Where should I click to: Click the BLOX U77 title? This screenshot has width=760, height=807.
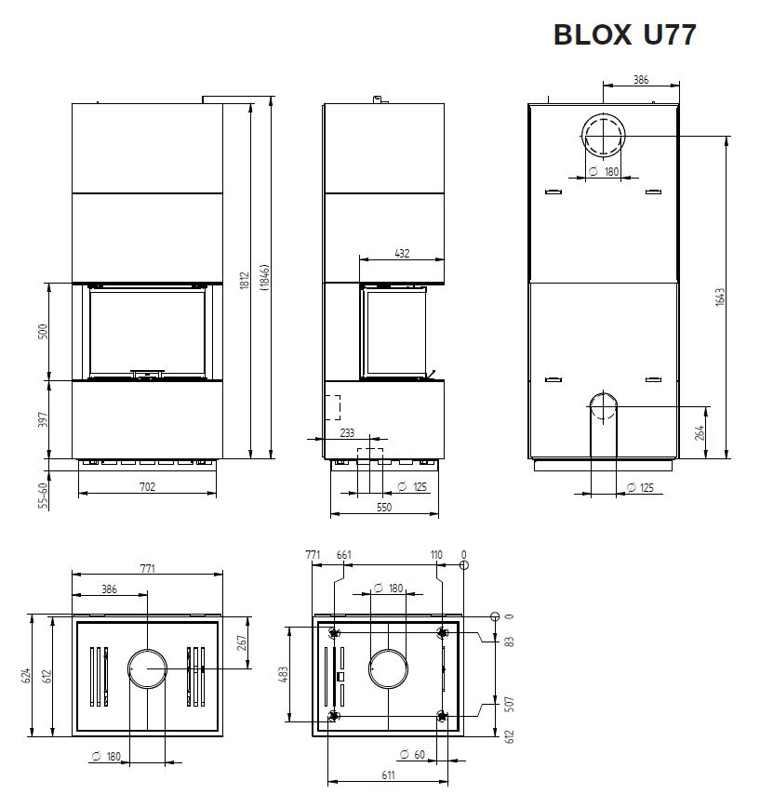[x=624, y=35]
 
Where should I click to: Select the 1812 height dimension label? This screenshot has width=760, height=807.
[x=245, y=281]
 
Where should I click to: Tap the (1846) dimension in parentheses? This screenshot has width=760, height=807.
[x=265, y=278]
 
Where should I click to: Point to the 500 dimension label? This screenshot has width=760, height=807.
[x=43, y=331]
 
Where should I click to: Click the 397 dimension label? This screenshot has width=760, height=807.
[x=43, y=419]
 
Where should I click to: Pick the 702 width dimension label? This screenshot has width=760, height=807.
[x=148, y=486]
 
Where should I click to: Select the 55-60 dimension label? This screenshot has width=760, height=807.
[x=43, y=496]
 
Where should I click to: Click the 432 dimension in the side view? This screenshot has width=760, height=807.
[x=402, y=253]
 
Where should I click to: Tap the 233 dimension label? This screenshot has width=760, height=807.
[x=348, y=433]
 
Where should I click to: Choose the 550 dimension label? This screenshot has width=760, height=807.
[x=384, y=507]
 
